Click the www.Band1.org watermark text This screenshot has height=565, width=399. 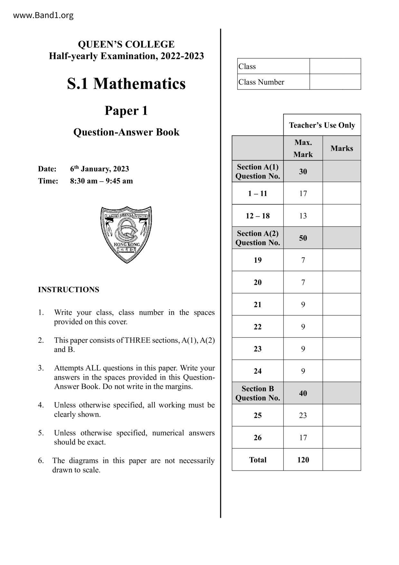pyautogui.click(x=43, y=15)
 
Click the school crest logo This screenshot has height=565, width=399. pyautogui.click(x=126, y=235)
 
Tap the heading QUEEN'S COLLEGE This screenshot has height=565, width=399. pyautogui.click(x=126, y=44)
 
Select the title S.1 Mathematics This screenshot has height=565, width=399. pyautogui.click(x=126, y=84)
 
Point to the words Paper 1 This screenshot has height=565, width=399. pyautogui.click(x=126, y=111)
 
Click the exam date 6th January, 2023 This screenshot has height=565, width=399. pyautogui.click(x=99, y=169)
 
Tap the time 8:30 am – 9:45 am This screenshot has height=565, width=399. pyautogui.click(x=101, y=181)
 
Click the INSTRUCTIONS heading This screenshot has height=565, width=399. pyautogui.click(x=69, y=290)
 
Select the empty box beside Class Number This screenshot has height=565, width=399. pyautogui.click(x=335, y=82)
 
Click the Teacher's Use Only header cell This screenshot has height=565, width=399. pyautogui.click(x=322, y=125)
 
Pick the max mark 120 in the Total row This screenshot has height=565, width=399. pyautogui.click(x=303, y=460)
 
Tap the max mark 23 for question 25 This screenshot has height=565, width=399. pyautogui.click(x=303, y=416)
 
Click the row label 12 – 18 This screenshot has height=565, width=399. pyautogui.click(x=257, y=216)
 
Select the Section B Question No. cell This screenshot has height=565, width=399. pyautogui.click(x=257, y=393)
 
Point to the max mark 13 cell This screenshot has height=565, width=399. pyautogui.click(x=303, y=216)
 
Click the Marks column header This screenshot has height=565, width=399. pyautogui.click(x=341, y=148)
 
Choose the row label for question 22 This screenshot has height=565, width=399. pyautogui.click(x=257, y=327)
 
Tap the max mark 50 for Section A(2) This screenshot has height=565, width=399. pyautogui.click(x=303, y=238)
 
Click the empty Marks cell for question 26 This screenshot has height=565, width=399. pyautogui.click(x=341, y=437)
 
